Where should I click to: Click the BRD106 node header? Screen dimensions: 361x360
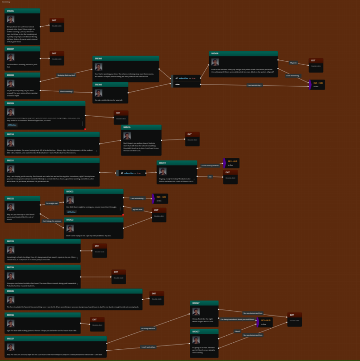tap(22, 10)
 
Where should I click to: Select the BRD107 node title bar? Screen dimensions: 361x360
tap(22, 49)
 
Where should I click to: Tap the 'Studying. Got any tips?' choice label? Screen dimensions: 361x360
tap(67, 75)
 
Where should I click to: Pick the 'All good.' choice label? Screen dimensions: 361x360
tap(293, 62)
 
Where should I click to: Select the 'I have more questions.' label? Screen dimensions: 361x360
tap(210, 166)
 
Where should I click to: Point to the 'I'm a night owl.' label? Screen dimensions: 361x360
tap(52, 203)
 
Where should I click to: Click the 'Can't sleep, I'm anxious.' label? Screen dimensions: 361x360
tap(52, 221)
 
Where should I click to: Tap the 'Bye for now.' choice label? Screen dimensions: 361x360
tap(137, 209)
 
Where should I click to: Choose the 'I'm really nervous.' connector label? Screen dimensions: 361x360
tap(148, 328)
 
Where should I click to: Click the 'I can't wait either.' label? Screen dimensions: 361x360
tap(148, 347)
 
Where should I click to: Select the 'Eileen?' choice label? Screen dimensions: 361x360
tap(237, 331)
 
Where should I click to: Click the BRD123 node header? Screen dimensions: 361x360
tap(42, 241)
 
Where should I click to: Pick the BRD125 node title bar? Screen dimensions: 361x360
tap(73, 291)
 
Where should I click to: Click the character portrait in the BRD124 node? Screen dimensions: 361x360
tap(11, 277)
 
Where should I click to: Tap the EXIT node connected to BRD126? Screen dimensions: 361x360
tap(97, 323)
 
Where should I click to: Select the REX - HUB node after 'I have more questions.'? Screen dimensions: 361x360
tap(230, 162)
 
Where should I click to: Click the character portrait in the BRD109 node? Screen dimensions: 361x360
tap(11, 112)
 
